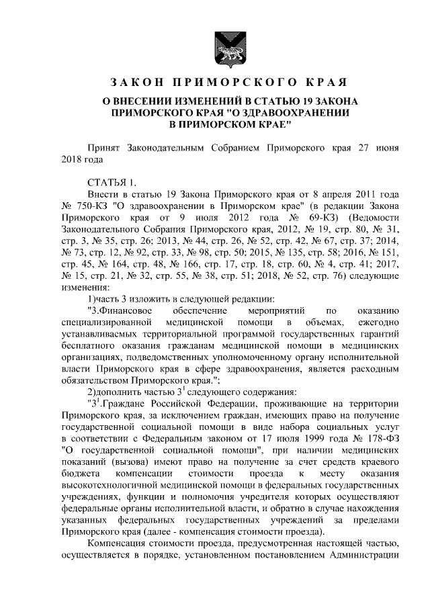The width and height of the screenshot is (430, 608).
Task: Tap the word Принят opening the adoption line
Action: [x=110, y=147]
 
